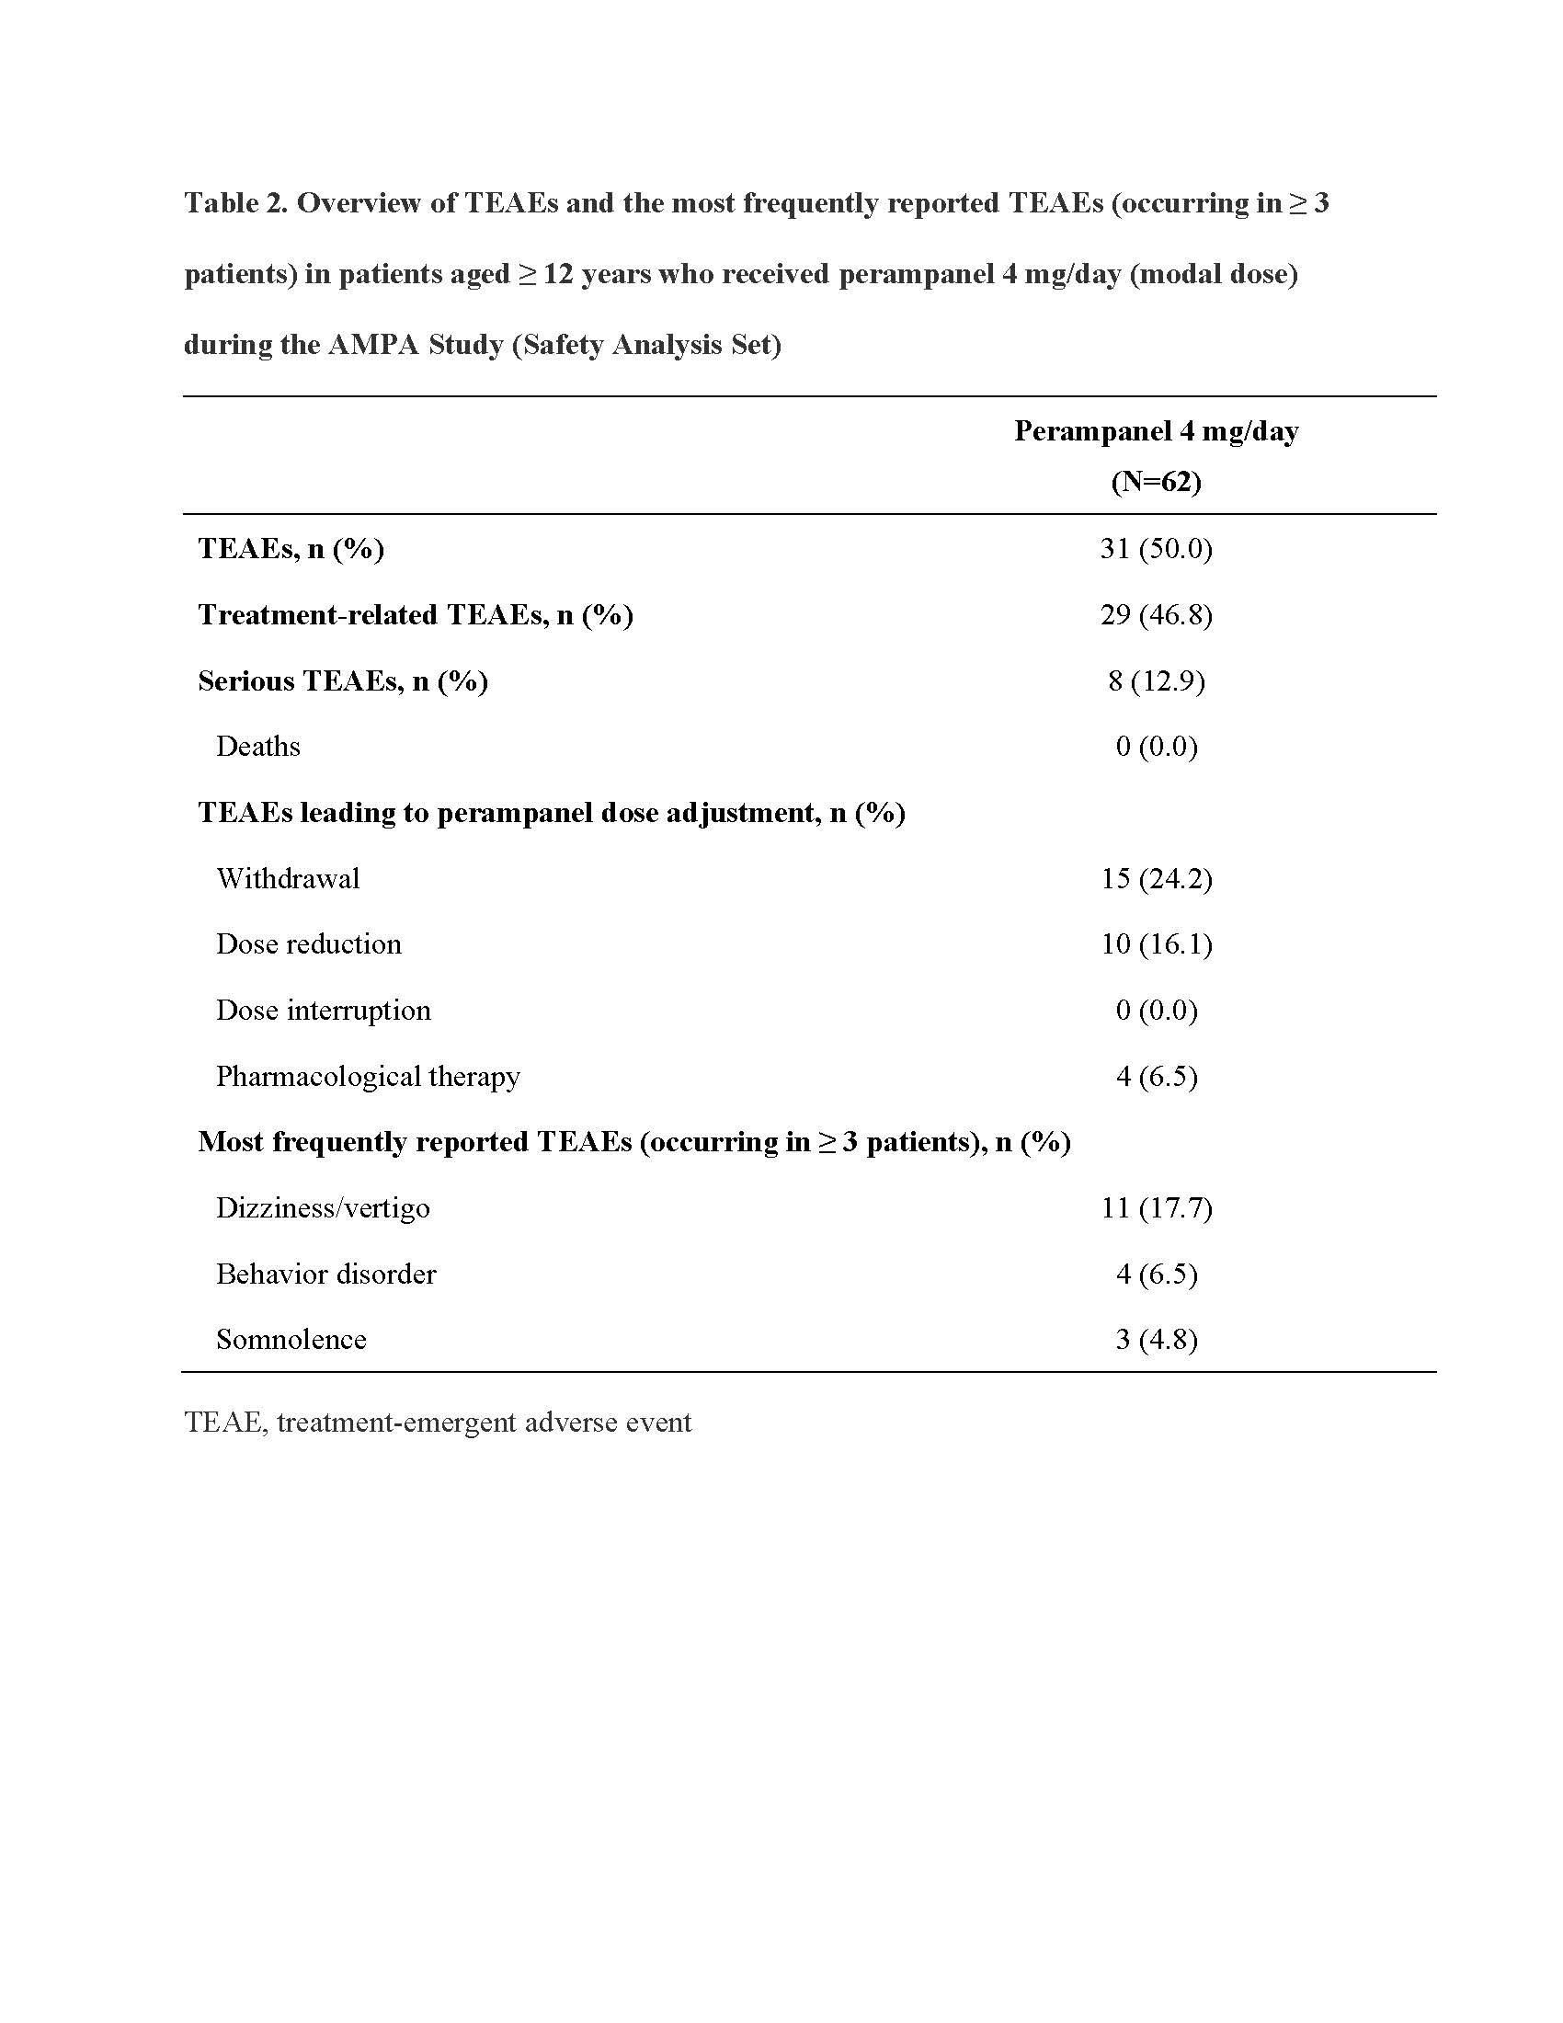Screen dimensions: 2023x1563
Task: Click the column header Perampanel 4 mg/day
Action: pyautogui.click(x=1156, y=430)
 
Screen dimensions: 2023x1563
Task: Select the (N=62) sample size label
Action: pyautogui.click(x=1156, y=481)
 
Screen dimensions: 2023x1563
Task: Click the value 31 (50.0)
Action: pyautogui.click(x=1156, y=548)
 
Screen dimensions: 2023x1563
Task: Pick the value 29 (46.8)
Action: pyautogui.click(x=1156, y=614)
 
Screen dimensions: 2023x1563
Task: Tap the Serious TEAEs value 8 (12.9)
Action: pyautogui.click(x=1156, y=680)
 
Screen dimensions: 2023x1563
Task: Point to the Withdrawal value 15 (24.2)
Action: pyautogui.click(x=1156, y=878)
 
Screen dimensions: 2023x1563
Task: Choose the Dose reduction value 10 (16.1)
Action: pyautogui.click(x=1156, y=943)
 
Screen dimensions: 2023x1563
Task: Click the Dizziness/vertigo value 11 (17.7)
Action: pyautogui.click(x=1156, y=1208)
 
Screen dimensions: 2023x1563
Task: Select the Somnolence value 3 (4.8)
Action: pyautogui.click(x=1156, y=1340)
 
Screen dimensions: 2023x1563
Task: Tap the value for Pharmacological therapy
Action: pyautogui.click(x=1156, y=1077)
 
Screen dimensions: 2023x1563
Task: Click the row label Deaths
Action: pyautogui.click(x=258, y=747)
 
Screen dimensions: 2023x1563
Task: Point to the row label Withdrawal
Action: pyautogui.click(x=288, y=878)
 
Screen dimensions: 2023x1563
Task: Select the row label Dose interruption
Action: pyautogui.click(x=323, y=1010)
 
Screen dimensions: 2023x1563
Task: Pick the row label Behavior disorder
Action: pyautogui.click(x=326, y=1274)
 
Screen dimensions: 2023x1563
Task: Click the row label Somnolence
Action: pyautogui.click(x=291, y=1340)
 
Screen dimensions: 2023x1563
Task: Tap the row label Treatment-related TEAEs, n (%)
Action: pyautogui.click(x=415, y=614)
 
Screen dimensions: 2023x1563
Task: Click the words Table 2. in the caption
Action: pyautogui.click(x=235, y=203)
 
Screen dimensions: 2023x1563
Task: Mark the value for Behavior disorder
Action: pyautogui.click(x=1156, y=1274)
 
